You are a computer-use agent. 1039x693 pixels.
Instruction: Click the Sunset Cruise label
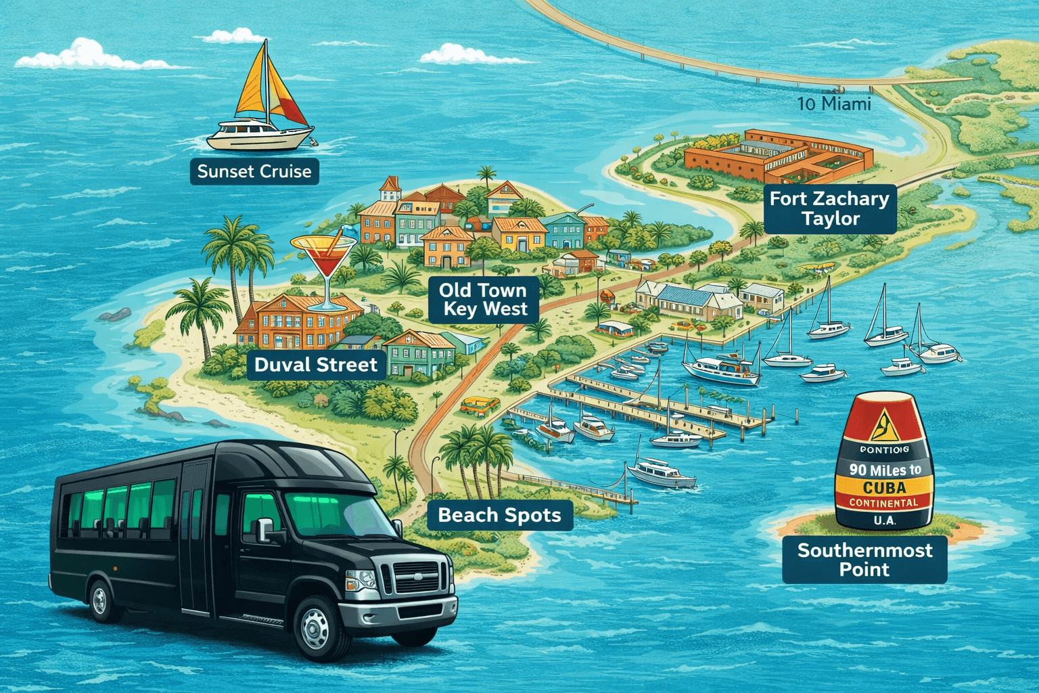254,171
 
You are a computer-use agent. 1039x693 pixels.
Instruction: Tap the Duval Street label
315,365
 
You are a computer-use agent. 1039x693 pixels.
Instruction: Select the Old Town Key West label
483,299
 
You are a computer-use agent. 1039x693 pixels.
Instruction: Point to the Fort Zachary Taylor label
829,208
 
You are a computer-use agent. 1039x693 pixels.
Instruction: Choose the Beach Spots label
499,515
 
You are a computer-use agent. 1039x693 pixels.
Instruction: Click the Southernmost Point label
864,560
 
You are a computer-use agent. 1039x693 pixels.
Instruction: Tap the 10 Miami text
833,104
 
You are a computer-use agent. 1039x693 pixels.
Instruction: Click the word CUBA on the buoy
884,487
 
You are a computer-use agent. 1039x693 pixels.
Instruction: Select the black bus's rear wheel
101,599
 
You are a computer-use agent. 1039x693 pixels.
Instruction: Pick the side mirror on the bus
263,529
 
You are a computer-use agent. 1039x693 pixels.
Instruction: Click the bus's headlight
362,580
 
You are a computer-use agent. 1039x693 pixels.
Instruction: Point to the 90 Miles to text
885,470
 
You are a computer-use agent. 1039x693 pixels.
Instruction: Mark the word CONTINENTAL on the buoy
883,503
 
